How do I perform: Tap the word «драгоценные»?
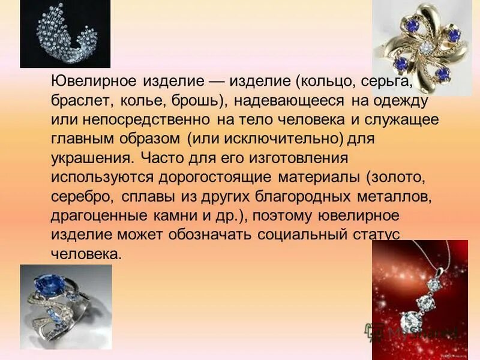click(106, 215)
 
